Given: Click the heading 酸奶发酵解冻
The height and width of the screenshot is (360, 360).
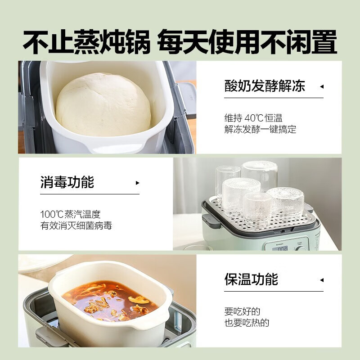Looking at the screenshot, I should tap(265, 86).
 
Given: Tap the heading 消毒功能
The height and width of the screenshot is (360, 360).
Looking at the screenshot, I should tap(67, 182).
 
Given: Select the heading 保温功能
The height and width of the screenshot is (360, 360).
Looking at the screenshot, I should tap(251, 279).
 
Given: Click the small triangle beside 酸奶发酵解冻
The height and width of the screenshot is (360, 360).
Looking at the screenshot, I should tap(321, 86).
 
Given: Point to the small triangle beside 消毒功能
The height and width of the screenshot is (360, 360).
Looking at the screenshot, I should tap(137, 183).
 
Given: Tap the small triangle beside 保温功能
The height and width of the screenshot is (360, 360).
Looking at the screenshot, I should tap(321, 279).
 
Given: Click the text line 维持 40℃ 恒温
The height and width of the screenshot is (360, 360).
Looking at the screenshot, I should tap(253, 118).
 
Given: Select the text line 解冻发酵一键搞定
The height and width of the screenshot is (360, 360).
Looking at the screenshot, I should tap(260, 130).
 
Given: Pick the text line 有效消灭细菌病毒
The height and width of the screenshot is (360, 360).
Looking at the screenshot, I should tap(76, 226).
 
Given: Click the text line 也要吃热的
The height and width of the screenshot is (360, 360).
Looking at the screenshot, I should tap(247, 323).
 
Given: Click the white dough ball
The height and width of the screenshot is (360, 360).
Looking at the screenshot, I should tap(103, 105).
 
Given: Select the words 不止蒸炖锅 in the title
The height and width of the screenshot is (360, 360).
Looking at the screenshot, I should tap(85, 43).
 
